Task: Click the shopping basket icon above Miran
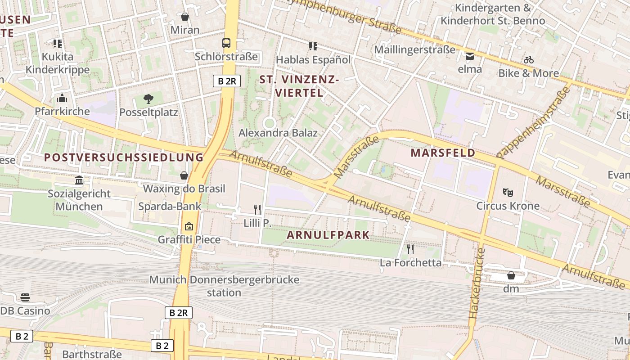pos(184,17)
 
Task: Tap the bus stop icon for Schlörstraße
pos(226,43)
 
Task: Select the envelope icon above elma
pos(470,56)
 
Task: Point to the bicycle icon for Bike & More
pos(529,60)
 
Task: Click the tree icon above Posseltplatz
pos(148,99)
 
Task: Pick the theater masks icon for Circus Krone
pos(508,193)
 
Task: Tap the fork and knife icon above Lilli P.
pos(257,209)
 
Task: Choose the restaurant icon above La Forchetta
pos(410,249)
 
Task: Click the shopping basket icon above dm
pos(511,275)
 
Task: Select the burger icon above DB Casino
pos(25,297)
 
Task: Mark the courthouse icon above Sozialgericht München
pos(80,180)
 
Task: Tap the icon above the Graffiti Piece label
pos(189,226)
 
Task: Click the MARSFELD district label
pos(443,153)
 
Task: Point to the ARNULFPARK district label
pos(328,235)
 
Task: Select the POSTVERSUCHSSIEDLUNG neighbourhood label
pos(124,157)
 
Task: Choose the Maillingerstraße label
pos(414,49)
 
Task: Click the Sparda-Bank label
pos(170,206)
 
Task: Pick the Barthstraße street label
pos(92,354)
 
